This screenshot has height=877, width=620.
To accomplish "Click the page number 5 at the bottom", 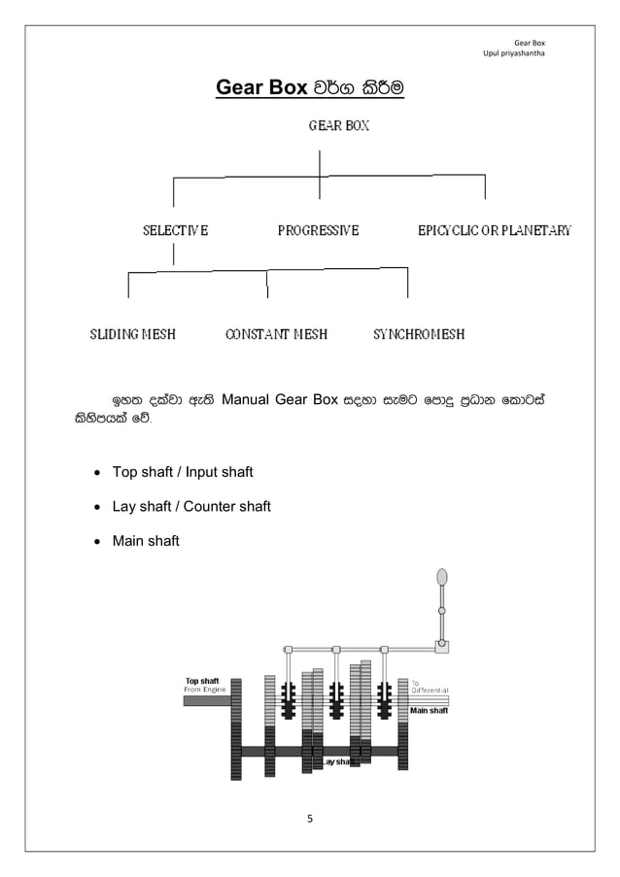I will click(x=310, y=820).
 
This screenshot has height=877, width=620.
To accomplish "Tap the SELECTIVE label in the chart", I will click(x=175, y=231).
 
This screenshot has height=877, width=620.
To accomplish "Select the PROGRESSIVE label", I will click(x=318, y=231).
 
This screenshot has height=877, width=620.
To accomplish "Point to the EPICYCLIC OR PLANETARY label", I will click(x=494, y=231).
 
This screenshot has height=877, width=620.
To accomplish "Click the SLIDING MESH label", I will click(x=133, y=334).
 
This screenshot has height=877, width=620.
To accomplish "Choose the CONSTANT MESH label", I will click(x=276, y=334).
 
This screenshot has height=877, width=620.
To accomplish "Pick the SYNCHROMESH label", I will click(x=419, y=334).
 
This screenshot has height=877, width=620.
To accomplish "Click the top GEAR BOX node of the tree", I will click(x=338, y=125).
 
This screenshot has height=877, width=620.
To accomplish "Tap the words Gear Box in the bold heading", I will click(x=260, y=88).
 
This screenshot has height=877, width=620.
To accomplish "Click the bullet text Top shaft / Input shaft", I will click(x=183, y=472).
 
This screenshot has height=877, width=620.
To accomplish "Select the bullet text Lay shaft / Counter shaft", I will click(x=191, y=506).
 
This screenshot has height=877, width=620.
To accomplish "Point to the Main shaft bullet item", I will click(x=146, y=541).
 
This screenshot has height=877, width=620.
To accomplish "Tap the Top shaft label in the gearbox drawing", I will click(x=202, y=681).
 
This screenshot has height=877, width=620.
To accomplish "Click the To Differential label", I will click(x=429, y=687).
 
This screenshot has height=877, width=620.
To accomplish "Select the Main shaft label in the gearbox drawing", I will click(x=429, y=711).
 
